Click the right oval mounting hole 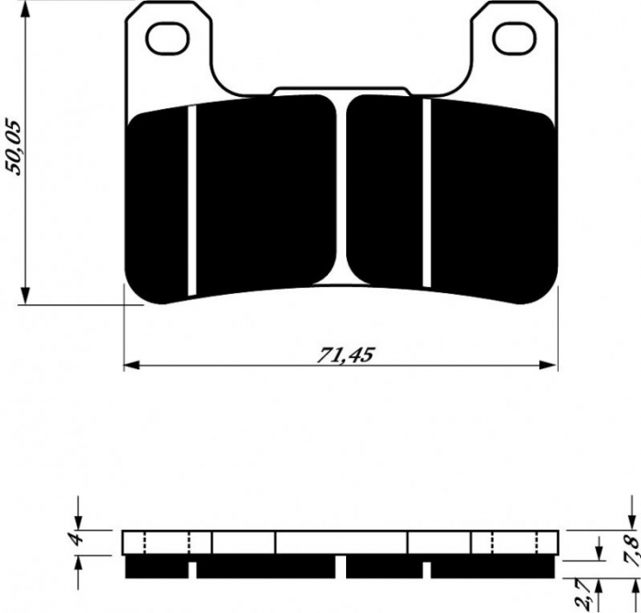[510, 38]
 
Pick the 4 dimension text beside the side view [79, 540]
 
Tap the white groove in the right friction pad [427, 192]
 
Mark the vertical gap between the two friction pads [342, 192]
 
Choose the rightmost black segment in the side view [494, 568]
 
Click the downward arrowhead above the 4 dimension [80, 521]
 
